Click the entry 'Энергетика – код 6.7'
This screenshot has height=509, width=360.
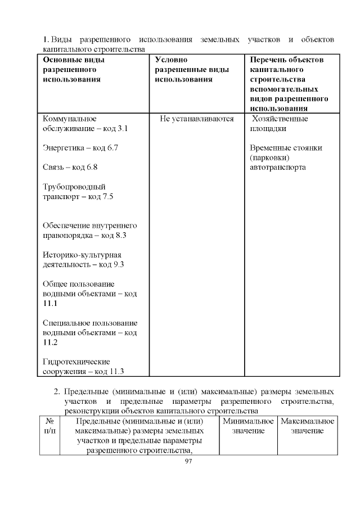point(80,148)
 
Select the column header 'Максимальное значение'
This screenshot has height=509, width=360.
point(307,426)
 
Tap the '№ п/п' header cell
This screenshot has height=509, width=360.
point(49,426)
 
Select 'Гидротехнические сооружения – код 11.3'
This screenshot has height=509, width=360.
point(83,366)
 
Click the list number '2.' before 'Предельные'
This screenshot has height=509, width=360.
point(57,391)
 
